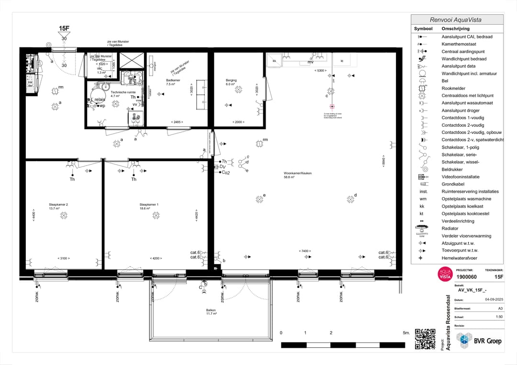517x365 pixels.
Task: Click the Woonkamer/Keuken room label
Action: pyautogui.click(x=297, y=173)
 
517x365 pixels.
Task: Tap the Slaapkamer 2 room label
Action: pyautogui.click(x=58, y=205)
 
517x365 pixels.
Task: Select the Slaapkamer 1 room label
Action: pyautogui.click(x=149, y=205)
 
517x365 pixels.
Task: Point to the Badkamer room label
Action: pyautogui.click(x=173, y=80)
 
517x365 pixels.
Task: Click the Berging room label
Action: pyautogui.click(x=231, y=80)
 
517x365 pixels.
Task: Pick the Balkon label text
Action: pyautogui.click(x=211, y=310)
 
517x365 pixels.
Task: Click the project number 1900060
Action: pyautogui.click(x=466, y=277)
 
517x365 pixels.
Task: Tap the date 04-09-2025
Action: pyautogui.click(x=494, y=299)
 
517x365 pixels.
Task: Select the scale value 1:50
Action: pyautogui.click(x=498, y=317)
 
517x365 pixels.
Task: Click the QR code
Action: pyautogui.click(x=425, y=339)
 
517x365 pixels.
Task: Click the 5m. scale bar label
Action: pyautogui.click(x=406, y=332)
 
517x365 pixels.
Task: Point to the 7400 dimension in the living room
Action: pyautogui.click(x=304, y=251)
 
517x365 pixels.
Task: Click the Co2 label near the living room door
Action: pyautogui.click(x=225, y=173)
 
